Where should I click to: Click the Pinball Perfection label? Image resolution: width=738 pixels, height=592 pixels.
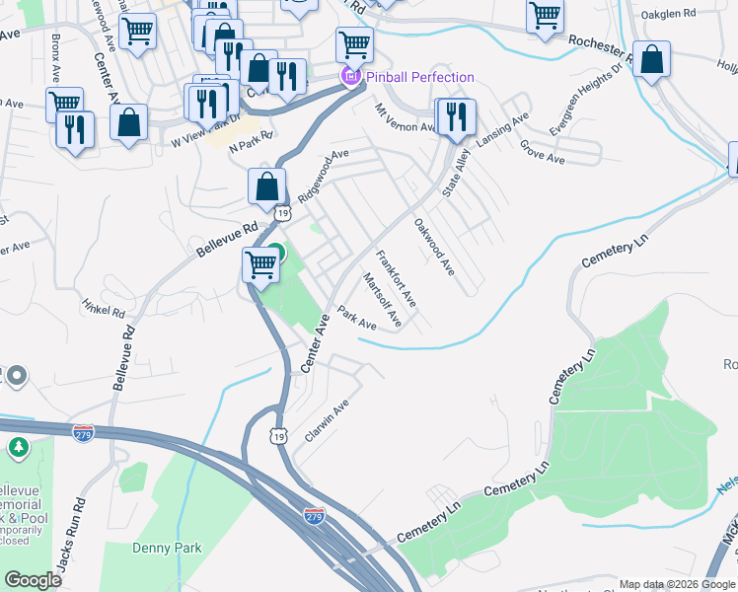point(420,77)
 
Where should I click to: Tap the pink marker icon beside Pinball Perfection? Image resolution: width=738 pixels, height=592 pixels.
point(349,77)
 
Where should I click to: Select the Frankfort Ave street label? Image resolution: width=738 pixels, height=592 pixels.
point(397,277)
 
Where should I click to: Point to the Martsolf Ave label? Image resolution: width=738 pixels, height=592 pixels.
point(382,300)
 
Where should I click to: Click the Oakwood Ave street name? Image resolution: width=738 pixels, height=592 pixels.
point(433,246)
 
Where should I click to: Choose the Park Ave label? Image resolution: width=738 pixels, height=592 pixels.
point(357,318)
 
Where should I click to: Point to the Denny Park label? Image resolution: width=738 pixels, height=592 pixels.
point(168,548)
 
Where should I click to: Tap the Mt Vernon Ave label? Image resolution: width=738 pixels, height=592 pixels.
point(405,120)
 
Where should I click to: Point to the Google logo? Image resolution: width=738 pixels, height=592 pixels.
point(33,580)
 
